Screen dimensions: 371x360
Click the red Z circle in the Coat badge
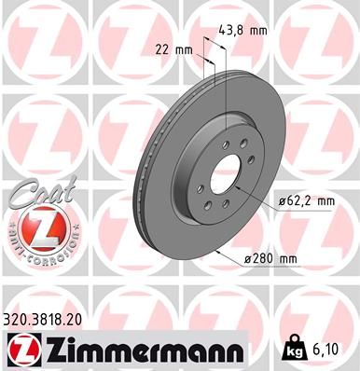coord(35,227)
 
